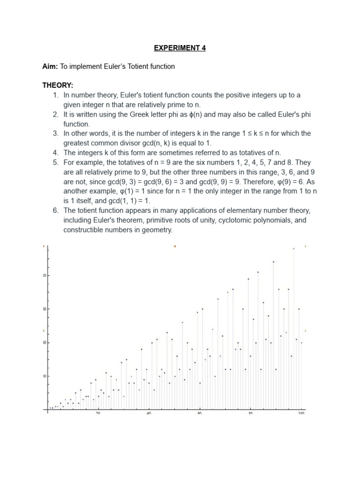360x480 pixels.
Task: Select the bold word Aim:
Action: tap(51, 67)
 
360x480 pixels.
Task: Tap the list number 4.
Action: tap(54, 153)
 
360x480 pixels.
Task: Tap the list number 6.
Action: tap(54, 210)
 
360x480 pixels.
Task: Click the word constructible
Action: tap(83, 230)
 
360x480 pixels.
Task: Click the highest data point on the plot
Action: tap(293, 248)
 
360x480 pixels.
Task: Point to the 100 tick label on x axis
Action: tap(301, 413)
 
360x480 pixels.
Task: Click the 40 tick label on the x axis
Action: tap(149, 413)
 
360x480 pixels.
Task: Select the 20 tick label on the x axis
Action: tap(98, 413)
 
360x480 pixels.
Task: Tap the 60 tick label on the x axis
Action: tap(200, 413)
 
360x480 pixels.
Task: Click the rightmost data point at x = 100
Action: tap(301, 343)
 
